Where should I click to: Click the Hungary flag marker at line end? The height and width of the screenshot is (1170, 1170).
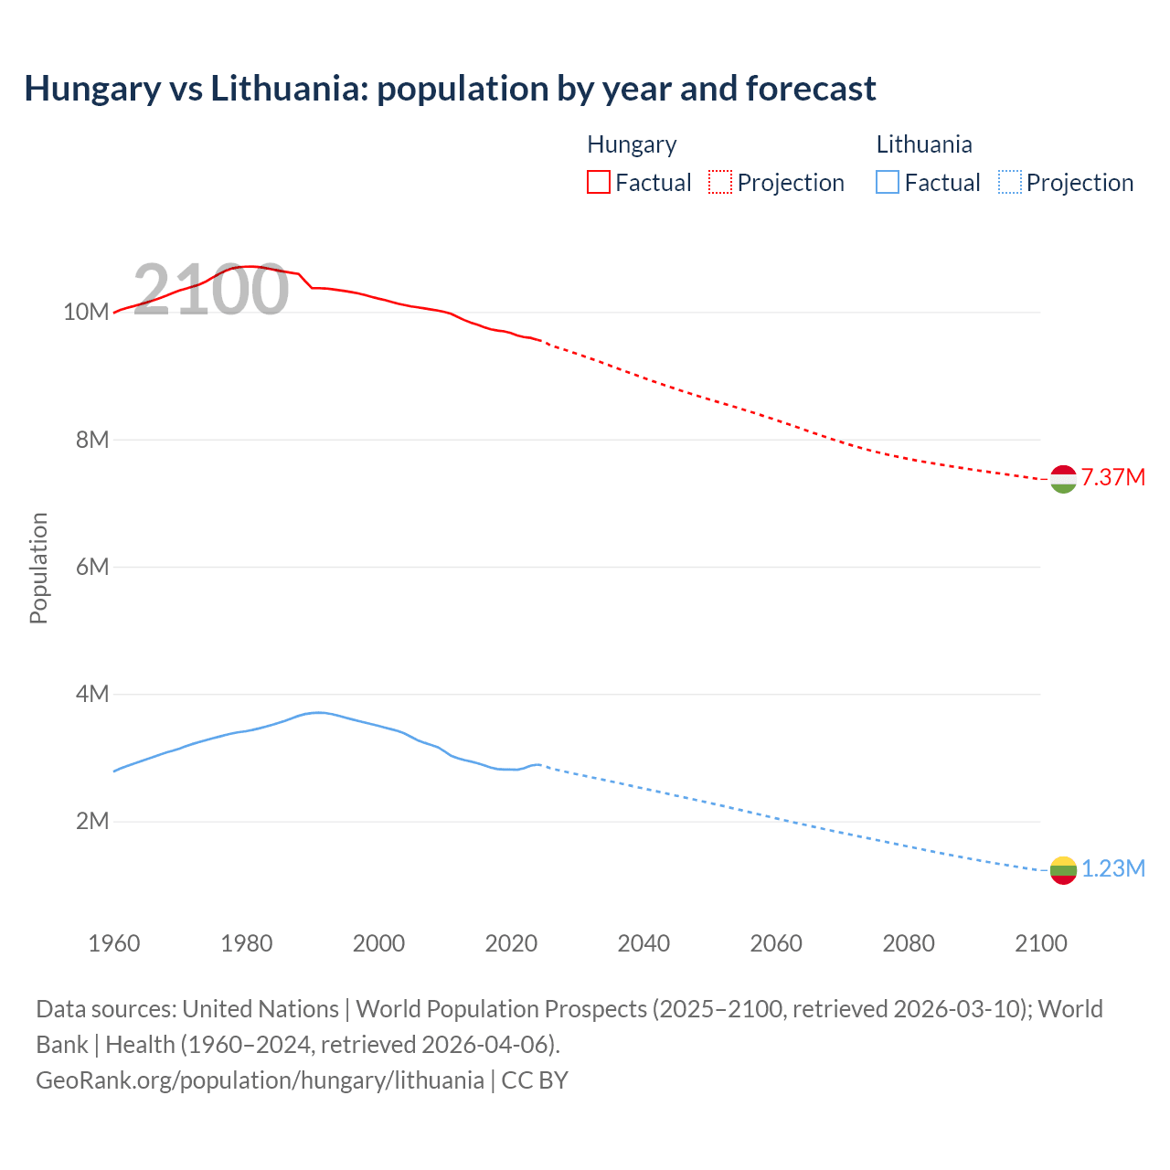click(x=1063, y=479)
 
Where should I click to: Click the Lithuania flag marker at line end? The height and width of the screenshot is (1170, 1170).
click(x=1063, y=870)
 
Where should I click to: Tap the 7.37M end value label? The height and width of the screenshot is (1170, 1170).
click(x=1112, y=477)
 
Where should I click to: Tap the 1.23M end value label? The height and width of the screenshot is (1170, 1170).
click(x=1112, y=868)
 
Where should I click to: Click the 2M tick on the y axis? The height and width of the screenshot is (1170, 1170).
click(x=92, y=821)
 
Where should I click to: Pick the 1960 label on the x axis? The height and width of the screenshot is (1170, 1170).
click(x=114, y=943)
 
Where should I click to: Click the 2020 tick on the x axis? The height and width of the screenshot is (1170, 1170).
click(x=511, y=943)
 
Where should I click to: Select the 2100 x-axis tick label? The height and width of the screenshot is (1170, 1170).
click(x=1041, y=943)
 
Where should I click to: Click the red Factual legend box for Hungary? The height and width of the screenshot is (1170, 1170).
click(x=599, y=183)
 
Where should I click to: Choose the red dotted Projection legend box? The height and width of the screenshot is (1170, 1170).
click(x=720, y=183)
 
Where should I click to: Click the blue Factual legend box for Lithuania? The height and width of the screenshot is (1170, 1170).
click(x=888, y=183)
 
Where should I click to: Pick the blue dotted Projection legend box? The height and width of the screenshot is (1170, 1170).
click(x=1009, y=183)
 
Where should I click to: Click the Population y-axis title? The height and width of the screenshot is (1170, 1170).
click(x=38, y=568)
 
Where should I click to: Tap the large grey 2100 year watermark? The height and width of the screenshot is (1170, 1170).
click(x=211, y=290)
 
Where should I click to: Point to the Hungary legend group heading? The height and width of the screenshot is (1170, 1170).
click(x=632, y=144)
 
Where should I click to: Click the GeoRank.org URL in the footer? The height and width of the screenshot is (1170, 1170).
click(x=260, y=1080)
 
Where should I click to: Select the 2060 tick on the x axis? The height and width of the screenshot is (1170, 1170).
click(x=776, y=943)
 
